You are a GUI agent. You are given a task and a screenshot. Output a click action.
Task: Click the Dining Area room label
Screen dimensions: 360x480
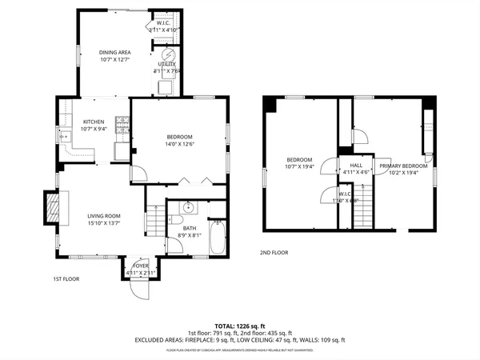click(x=114, y=53)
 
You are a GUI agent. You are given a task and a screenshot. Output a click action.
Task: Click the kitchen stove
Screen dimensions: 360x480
click(x=122, y=125)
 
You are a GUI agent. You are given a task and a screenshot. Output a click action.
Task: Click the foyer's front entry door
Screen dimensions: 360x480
click(x=139, y=290)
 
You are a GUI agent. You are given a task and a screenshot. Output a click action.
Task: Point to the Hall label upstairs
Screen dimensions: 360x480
click(x=356, y=165)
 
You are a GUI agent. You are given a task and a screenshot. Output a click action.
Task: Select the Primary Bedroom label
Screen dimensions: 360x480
click(x=403, y=166)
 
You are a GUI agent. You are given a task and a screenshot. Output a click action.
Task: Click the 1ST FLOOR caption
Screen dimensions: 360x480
click(x=68, y=279)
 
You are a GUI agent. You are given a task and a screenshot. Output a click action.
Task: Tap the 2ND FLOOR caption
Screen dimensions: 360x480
click(x=274, y=253)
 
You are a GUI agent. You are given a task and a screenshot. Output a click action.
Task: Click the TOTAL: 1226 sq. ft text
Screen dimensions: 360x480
click(x=239, y=326)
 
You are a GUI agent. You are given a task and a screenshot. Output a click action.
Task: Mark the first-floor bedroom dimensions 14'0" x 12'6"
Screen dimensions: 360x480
click(x=179, y=144)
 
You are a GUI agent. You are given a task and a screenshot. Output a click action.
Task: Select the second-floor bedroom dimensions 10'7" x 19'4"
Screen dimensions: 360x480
click(x=299, y=166)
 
